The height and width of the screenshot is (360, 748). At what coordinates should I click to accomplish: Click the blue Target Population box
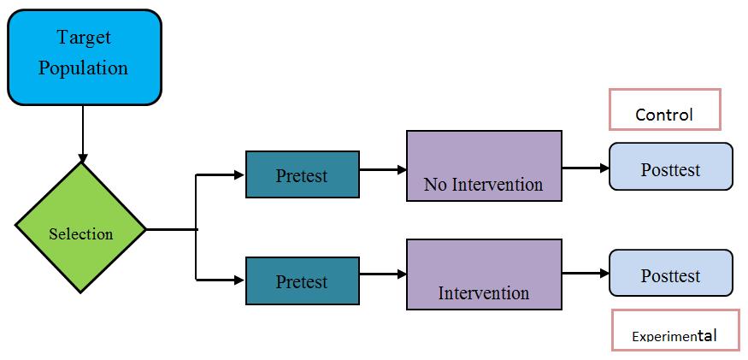click(x=84, y=56)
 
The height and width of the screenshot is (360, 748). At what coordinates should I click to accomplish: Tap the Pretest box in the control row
click(x=302, y=174)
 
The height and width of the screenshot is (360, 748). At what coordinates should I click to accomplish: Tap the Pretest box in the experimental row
click(x=302, y=280)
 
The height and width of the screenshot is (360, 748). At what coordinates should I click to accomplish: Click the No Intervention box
click(x=484, y=166)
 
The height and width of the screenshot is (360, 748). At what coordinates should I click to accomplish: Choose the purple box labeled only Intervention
click(x=484, y=274)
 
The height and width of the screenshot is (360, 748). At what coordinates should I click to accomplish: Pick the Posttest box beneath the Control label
click(x=670, y=167)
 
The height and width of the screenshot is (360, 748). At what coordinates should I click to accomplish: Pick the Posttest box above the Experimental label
click(x=670, y=274)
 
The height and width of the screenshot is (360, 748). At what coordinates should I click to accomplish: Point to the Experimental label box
click(x=674, y=330)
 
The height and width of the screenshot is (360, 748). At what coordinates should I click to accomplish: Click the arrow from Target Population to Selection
click(x=82, y=133)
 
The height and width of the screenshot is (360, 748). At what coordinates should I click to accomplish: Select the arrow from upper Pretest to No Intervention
click(x=383, y=169)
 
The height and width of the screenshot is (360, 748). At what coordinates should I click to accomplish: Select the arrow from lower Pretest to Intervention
click(x=383, y=274)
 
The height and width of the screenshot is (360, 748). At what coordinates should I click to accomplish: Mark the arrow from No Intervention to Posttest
click(x=586, y=168)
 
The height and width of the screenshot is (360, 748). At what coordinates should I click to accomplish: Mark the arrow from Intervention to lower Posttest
click(x=586, y=274)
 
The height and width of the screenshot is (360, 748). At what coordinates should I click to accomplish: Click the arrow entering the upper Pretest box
click(x=221, y=175)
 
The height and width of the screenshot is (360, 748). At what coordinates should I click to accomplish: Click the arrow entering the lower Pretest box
click(x=221, y=279)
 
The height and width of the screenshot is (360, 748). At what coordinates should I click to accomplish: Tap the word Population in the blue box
click(x=84, y=68)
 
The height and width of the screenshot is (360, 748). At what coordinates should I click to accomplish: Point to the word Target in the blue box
click(x=84, y=38)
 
